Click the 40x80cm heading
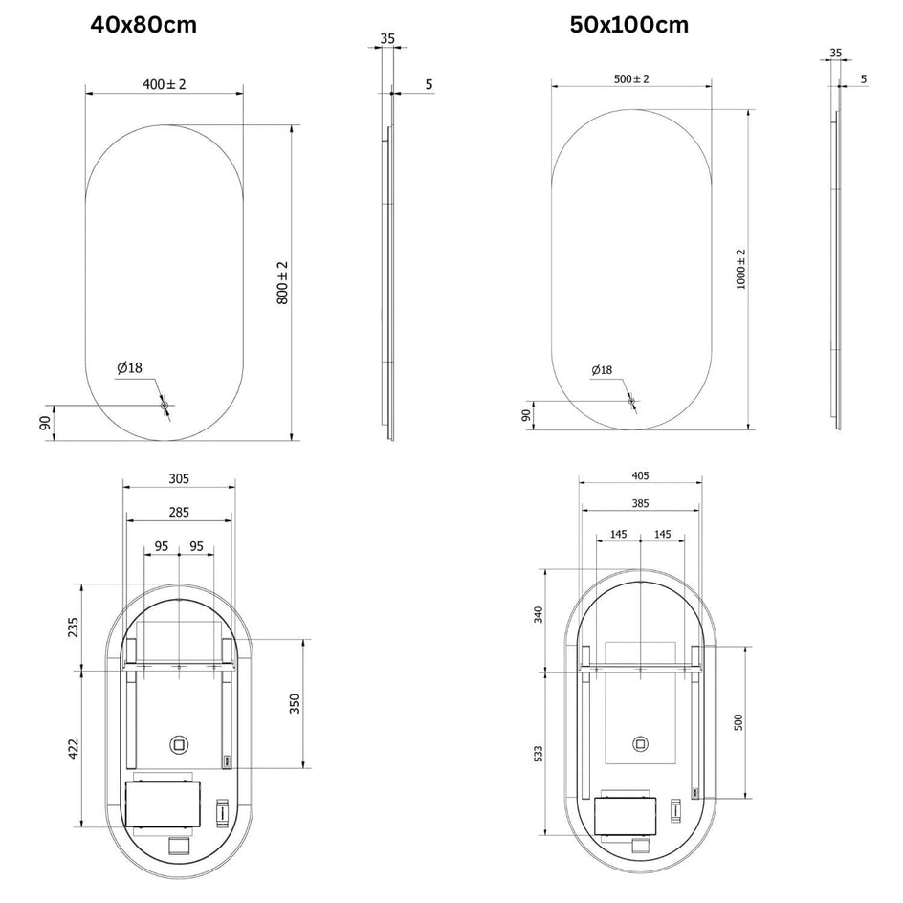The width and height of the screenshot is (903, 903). coord(143,25)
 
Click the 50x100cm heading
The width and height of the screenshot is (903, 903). coord(628,25)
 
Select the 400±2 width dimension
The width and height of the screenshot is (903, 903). coord(165,84)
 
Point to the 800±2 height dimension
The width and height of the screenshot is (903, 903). coord(282,283)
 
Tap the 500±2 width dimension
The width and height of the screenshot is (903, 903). coord(631,78)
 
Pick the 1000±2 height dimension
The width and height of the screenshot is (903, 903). coord(740,269)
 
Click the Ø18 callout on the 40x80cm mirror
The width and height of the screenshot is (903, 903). coord(129,367)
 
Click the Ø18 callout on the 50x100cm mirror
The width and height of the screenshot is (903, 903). coord(602,370)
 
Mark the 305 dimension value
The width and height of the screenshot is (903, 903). coord(179,478)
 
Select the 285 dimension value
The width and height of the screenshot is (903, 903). coord(179,512)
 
